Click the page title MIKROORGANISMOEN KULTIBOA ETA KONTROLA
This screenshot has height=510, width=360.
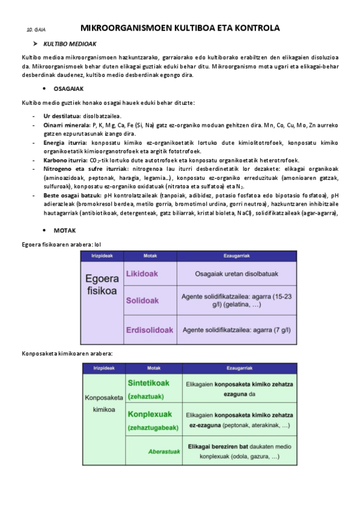[x=180, y=28]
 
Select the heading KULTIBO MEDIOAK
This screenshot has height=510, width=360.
[x=70, y=44]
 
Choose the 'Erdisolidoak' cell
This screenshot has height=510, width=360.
[x=150, y=330]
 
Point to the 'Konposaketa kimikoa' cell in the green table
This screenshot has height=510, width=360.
[x=104, y=403]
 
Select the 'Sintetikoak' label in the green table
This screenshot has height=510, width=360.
[x=148, y=382]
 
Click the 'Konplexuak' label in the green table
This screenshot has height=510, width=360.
[x=150, y=414]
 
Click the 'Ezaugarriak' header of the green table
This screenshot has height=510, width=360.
[x=239, y=368]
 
